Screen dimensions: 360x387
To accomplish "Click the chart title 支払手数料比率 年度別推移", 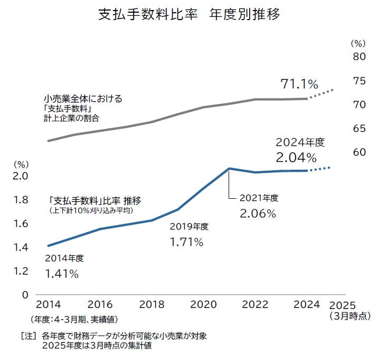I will pos(189,14).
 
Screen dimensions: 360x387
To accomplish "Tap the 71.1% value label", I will pos(299,84).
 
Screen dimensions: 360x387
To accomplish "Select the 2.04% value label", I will pos(296,157).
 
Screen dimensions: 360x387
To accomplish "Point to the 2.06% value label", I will pos(258,214).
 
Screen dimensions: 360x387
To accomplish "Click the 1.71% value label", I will pos(186,242).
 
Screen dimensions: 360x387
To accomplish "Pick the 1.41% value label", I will pos(62,274).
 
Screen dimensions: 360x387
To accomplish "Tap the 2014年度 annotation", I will pos(64,259).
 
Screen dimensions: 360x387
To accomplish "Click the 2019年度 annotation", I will pos(189,227).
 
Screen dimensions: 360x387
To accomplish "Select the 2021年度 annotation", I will pos(259,198).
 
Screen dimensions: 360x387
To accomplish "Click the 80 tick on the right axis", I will pos(359,57).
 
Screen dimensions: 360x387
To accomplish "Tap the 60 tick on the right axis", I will pos(359,152).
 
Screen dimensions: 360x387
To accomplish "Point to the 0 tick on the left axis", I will pos(25,294).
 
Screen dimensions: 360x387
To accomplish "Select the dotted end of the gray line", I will pos(322,94).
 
